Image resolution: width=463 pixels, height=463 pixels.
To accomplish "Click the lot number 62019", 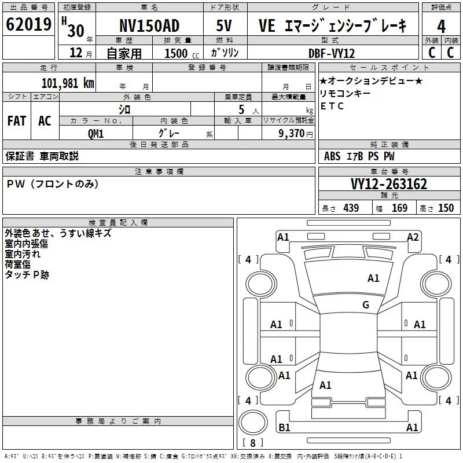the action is point(28,24).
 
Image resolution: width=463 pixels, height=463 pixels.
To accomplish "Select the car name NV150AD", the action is point(149,25).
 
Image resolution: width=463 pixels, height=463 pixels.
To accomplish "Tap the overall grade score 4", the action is point(441,26).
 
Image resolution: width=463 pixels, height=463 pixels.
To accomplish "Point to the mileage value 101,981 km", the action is point(68,83).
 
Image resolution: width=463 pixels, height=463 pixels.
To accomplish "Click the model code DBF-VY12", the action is point(331,53).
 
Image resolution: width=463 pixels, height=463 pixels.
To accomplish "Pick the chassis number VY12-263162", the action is point(389,184).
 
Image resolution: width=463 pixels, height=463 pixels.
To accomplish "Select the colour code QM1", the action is point(95,134).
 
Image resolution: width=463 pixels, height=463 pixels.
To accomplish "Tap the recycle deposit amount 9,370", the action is point(291,134).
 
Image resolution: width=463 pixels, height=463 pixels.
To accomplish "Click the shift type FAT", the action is point(17,121).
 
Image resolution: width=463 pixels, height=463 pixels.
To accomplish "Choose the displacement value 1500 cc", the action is point(182,53).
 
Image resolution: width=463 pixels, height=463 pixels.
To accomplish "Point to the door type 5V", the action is point(224,25).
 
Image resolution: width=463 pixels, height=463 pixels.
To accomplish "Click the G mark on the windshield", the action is point(366,304).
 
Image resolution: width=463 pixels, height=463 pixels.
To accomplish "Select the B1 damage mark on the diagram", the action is point(284,427).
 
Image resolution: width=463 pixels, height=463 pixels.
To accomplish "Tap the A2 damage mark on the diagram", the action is point(413,237).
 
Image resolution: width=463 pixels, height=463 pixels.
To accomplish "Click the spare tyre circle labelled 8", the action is point(253,422).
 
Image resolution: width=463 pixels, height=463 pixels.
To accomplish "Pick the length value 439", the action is point(351,208).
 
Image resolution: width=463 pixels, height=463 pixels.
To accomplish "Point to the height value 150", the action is point(446,208).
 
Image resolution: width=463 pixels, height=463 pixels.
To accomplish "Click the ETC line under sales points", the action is point(332,106).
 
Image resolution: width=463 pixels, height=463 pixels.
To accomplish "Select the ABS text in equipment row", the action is point(332,156).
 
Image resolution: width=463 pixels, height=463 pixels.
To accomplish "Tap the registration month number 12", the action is point(76,53).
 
